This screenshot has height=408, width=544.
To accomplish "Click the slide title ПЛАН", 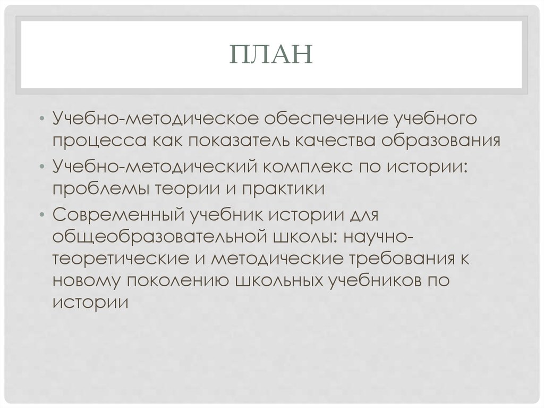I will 271,55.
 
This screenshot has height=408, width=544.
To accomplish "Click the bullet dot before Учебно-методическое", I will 42,117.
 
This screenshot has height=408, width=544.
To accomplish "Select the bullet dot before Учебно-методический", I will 42,166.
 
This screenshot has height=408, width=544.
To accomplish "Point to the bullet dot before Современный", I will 42,215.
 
